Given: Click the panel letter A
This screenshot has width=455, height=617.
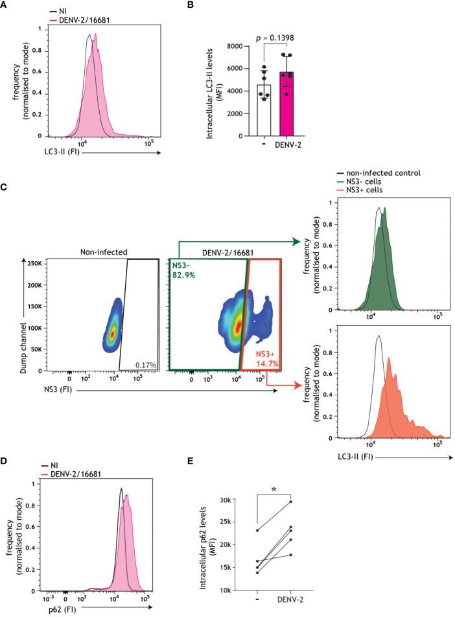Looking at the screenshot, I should point(5,5).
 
